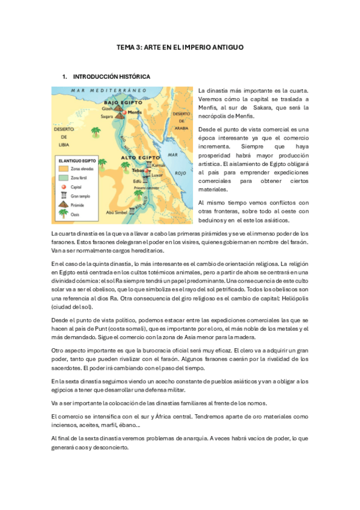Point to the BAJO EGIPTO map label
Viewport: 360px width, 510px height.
pyautogui.click(x=121, y=102)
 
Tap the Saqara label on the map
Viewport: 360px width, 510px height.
pyautogui.click(x=108, y=118)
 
